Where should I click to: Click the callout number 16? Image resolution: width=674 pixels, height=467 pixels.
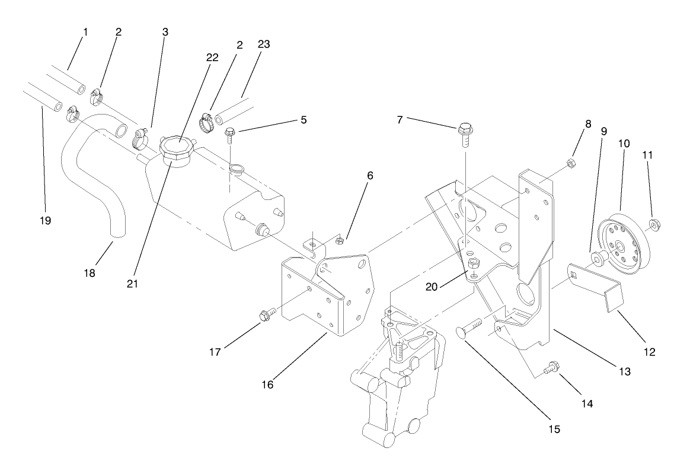(267, 385)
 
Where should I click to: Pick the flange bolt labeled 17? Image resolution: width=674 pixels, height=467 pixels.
(266, 314)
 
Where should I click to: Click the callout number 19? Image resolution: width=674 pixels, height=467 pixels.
(46, 221)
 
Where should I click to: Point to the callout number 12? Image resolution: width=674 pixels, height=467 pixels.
(649, 352)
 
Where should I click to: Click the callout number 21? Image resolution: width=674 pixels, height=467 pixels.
(132, 284)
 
